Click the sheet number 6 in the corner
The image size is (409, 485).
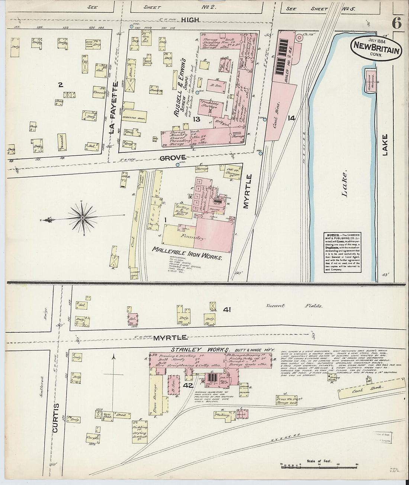tap(396, 23)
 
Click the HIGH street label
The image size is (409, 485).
tap(191, 20)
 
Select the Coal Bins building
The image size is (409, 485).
tap(280, 111)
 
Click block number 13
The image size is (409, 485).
tap(196, 119)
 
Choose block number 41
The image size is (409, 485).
tap(227, 309)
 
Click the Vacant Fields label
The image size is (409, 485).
tap(293, 306)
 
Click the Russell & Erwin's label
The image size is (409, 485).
tap(183, 88)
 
